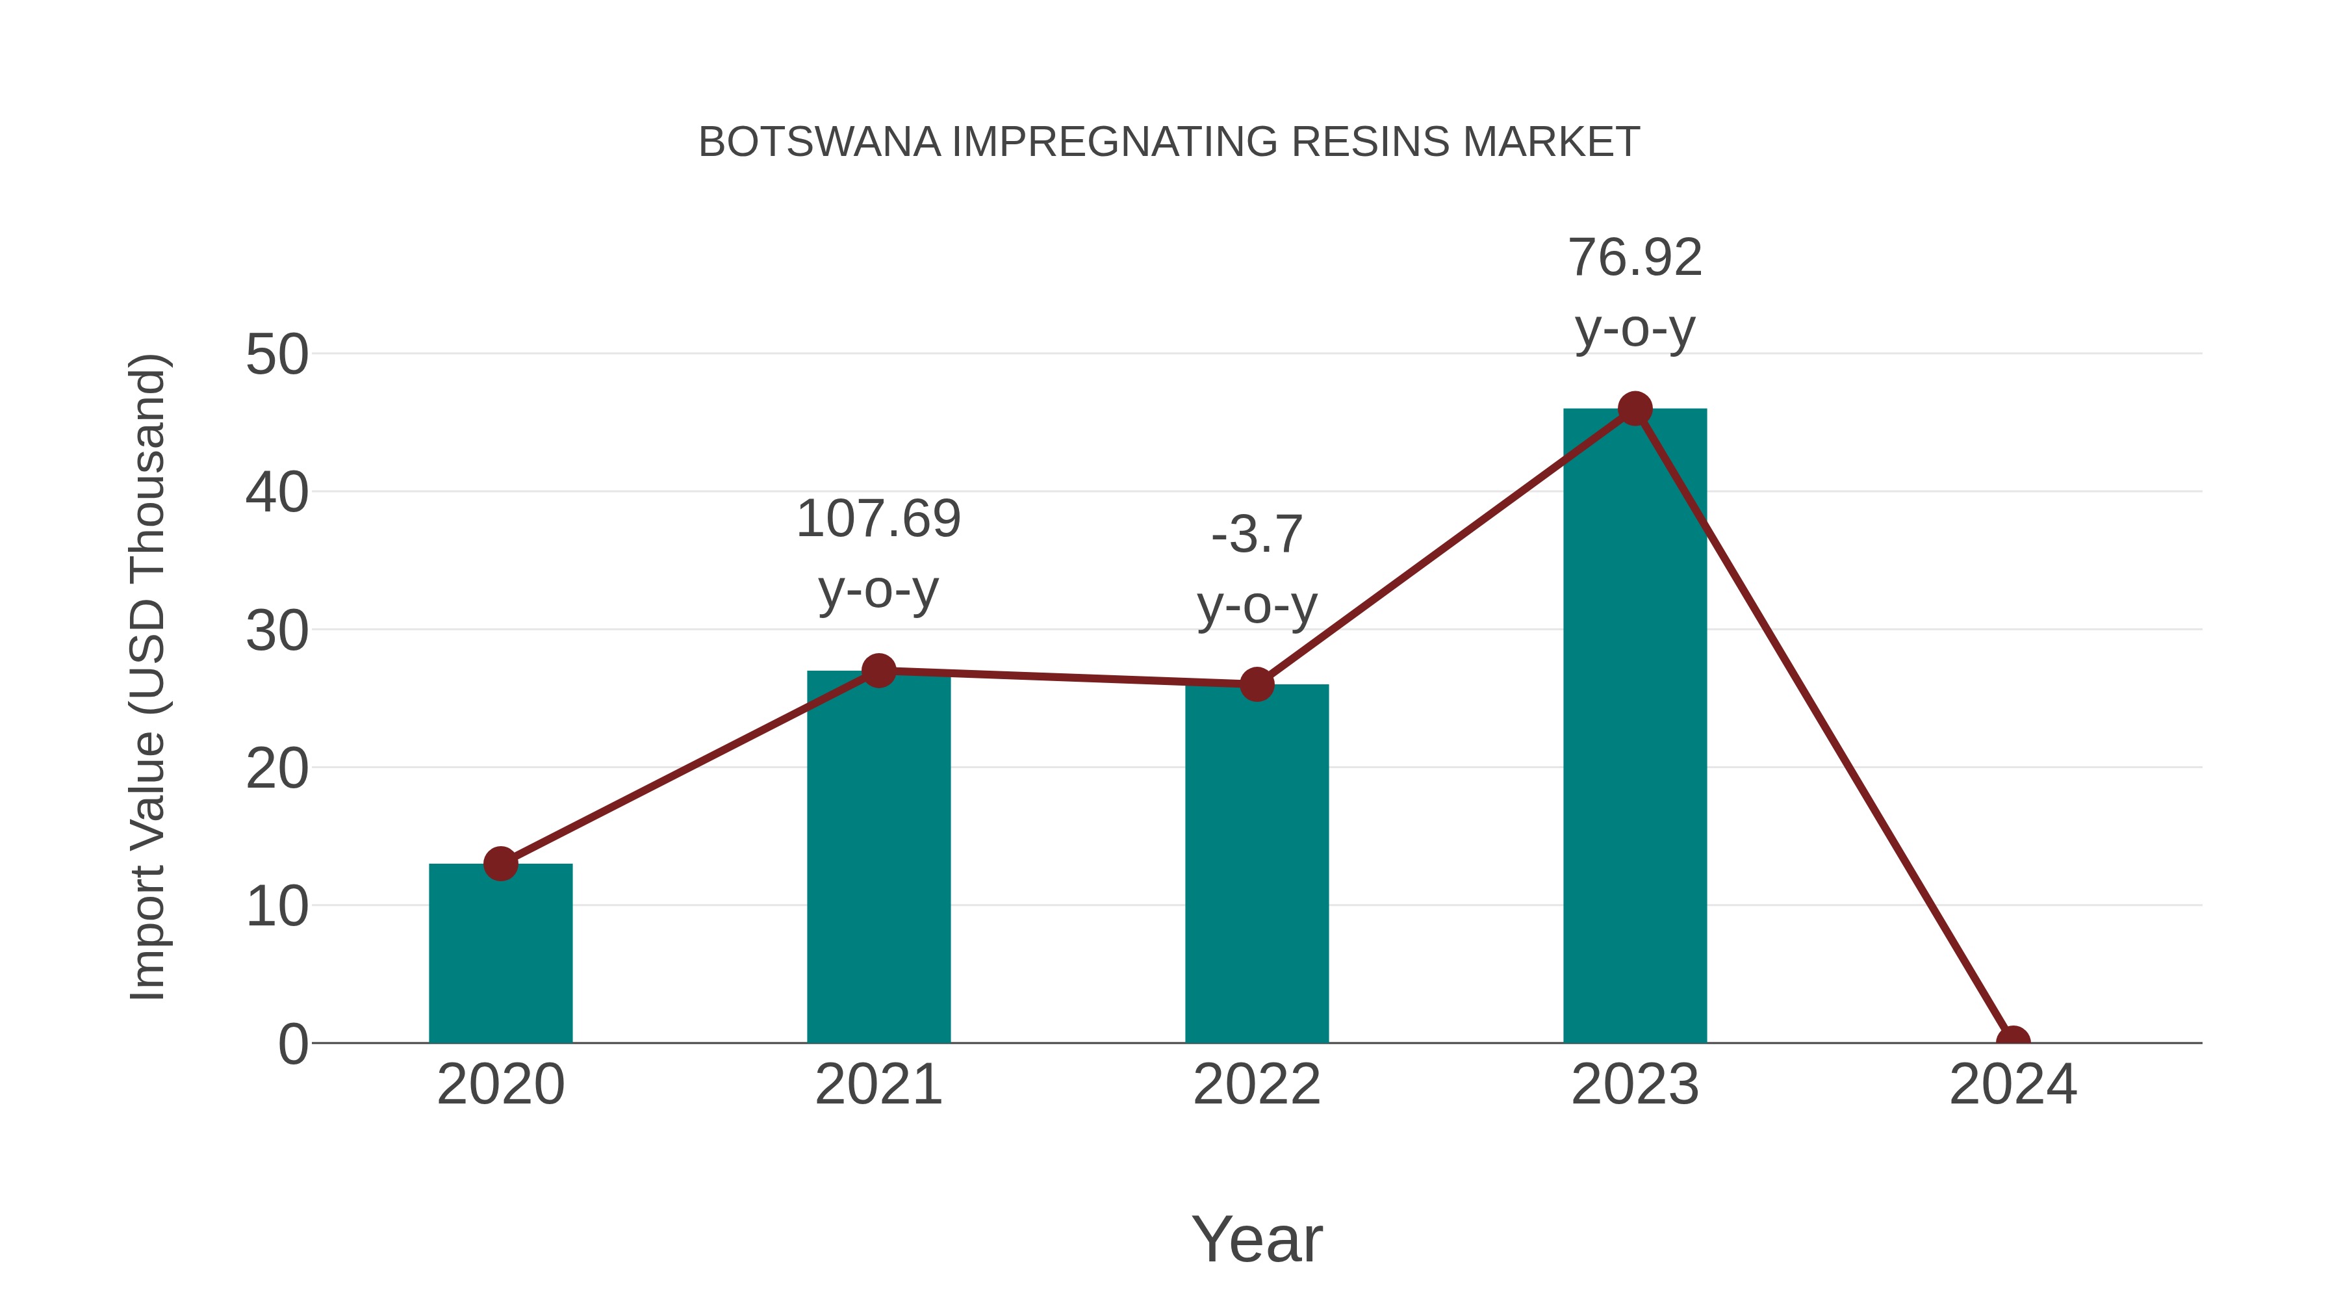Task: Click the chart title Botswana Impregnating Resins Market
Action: click(1169, 142)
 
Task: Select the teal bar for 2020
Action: click(500, 953)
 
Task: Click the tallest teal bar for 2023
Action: click(1635, 727)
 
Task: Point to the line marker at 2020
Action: click(500, 864)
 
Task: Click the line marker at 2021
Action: click(878, 671)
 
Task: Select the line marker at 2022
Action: click(1257, 685)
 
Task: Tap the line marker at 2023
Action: click(1635, 409)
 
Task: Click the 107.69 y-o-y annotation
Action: click(878, 553)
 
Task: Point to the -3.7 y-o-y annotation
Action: click(1257, 569)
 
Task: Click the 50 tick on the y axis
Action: click(277, 354)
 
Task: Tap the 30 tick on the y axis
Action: click(277, 630)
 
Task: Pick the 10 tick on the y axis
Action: click(277, 907)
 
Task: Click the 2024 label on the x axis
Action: click(2012, 1085)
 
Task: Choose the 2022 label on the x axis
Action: click(1257, 1085)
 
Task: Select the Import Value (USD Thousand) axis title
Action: click(147, 677)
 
